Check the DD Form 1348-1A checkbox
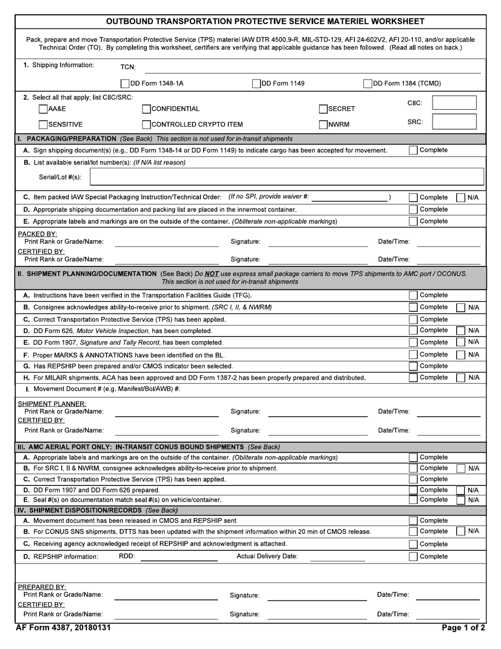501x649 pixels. [x=125, y=83]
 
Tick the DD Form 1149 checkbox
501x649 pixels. [x=256, y=83]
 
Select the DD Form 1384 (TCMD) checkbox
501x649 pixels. [x=368, y=83]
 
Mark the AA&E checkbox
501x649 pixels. [x=43, y=109]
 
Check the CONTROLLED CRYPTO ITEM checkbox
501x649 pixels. [x=147, y=125]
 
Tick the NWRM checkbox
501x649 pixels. [x=323, y=125]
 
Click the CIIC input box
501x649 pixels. [x=454, y=103]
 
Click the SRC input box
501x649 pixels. [x=454, y=122]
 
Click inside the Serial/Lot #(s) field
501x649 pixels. [x=287, y=177]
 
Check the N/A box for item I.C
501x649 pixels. [x=460, y=198]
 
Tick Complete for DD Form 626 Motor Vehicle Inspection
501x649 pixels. [x=413, y=331]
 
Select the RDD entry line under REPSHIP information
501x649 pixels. [x=179, y=557]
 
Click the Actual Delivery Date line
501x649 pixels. [x=337, y=557]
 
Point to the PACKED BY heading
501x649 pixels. [x=37, y=234]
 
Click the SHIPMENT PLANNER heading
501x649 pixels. [x=52, y=404]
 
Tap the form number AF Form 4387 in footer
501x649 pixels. [x=63, y=628]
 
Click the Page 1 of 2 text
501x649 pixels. [x=464, y=628]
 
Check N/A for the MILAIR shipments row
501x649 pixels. [x=460, y=378]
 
